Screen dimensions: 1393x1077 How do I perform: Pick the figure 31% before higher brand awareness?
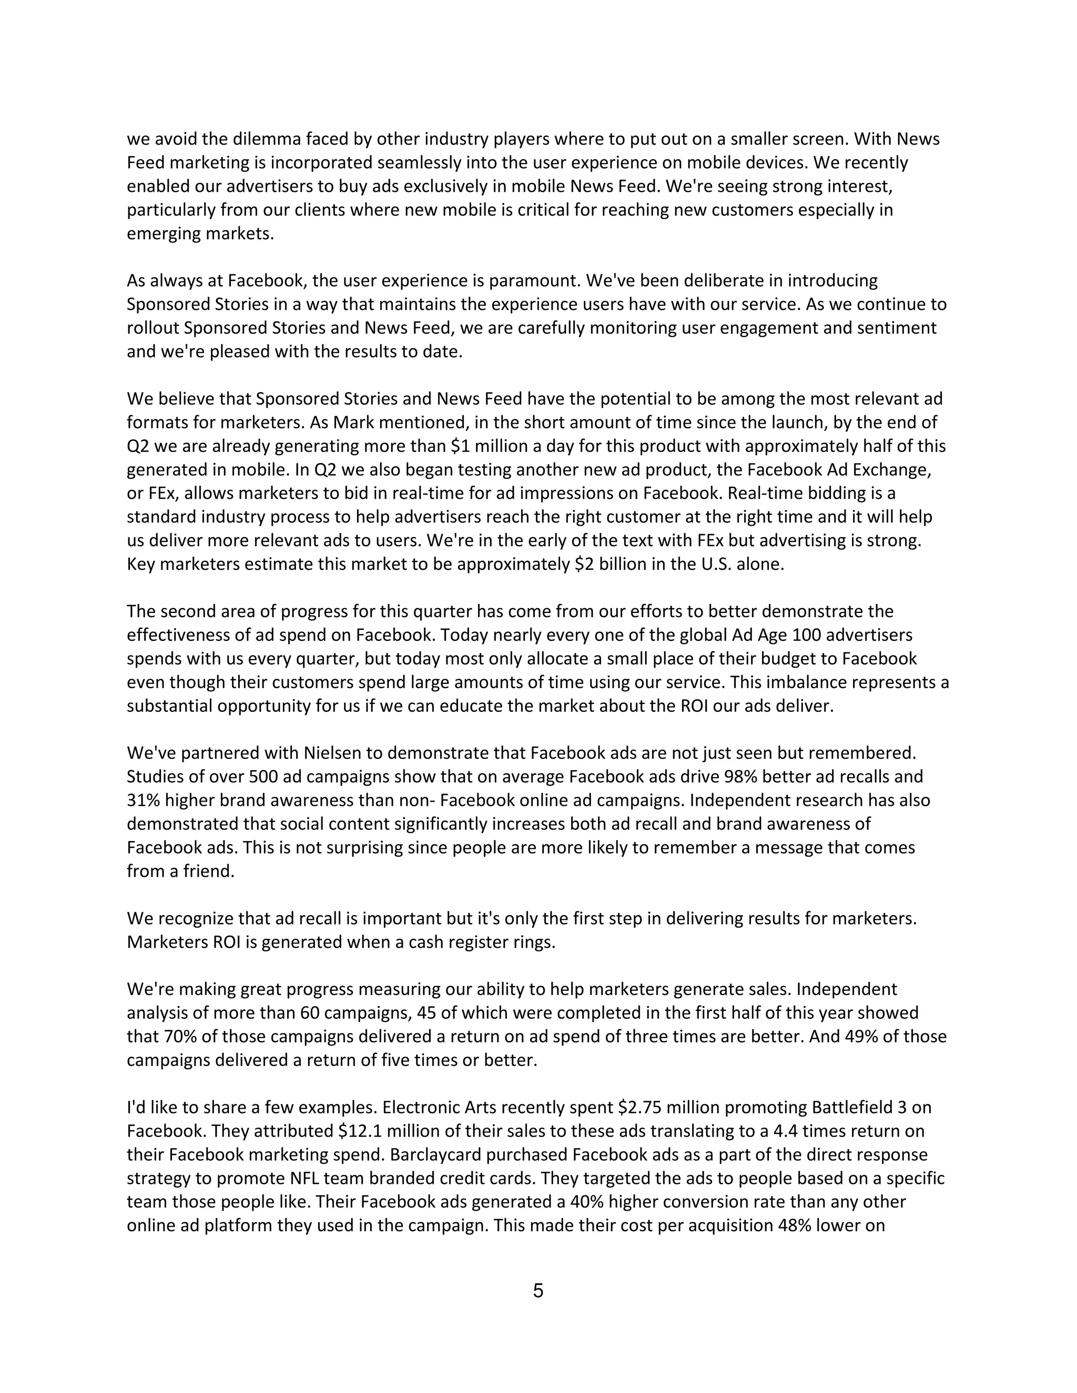tap(144, 801)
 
